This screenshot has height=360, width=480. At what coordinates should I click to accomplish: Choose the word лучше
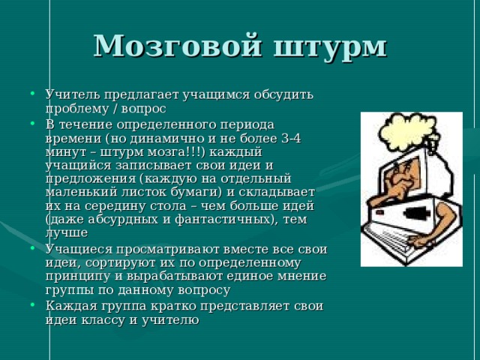67,232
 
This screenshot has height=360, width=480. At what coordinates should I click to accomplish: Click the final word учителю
172,319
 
